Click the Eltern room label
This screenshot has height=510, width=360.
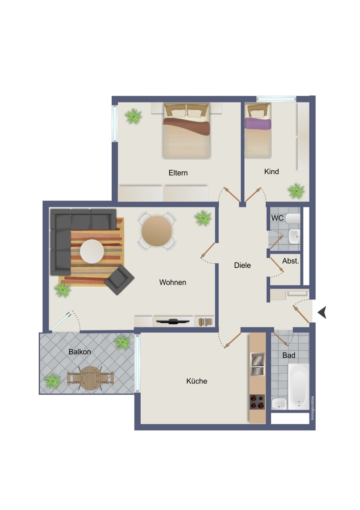(x=178, y=173)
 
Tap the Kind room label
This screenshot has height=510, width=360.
(x=271, y=171)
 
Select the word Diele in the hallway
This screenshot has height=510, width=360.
(x=242, y=265)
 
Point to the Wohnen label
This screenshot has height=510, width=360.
(x=172, y=283)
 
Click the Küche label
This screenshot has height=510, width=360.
(x=196, y=381)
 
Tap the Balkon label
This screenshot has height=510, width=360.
(x=80, y=351)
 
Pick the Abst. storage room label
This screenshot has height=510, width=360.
(x=291, y=261)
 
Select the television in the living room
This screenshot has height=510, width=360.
(x=173, y=321)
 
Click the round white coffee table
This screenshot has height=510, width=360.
(x=92, y=251)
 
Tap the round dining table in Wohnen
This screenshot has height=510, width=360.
(x=157, y=231)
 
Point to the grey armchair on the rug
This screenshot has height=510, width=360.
(x=119, y=279)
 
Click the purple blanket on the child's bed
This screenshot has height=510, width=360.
(x=258, y=123)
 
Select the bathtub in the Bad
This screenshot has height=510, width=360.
(x=298, y=387)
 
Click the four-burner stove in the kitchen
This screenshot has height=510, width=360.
(x=257, y=402)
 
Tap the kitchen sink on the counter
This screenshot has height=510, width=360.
(x=257, y=364)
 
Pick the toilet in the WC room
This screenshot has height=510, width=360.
(x=293, y=218)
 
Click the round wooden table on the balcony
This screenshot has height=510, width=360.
(x=90, y=378)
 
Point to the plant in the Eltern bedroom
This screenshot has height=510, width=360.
(x=133, y=116)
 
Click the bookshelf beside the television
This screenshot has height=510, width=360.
(x=205, y=322)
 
